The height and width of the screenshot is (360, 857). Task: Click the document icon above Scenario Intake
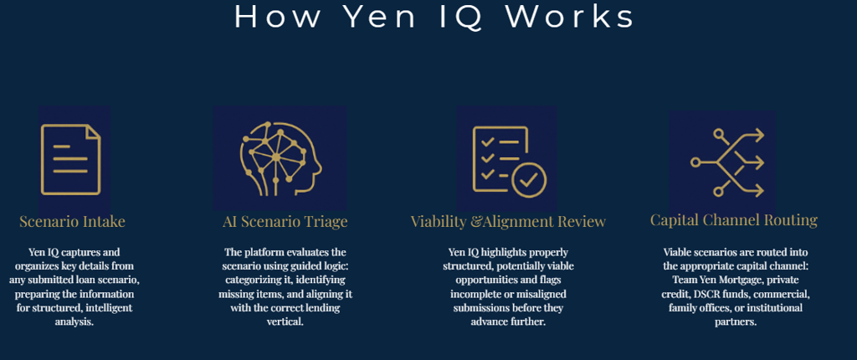click(x=70, y=159)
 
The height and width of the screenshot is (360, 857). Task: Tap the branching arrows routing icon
click(x=726, y=162)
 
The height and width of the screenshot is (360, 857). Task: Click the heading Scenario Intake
click(x=72, y=222)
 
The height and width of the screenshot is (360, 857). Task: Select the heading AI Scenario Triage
click(x=285, y=222)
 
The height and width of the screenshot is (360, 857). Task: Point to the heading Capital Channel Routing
click(x=734, y=220)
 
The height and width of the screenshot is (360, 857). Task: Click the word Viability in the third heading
click(x=439, y=222)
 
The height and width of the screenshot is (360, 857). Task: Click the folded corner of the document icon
click(x=92, y=131)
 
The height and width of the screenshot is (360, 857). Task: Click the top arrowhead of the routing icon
click(x=758, y=134)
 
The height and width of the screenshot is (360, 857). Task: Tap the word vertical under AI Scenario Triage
click(x=285, y=321)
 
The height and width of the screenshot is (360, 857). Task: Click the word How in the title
click(x=266, y=16)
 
